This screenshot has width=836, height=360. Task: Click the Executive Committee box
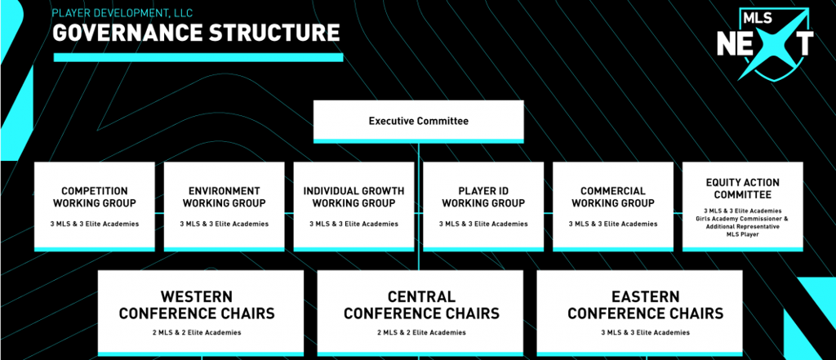tap(419, 122)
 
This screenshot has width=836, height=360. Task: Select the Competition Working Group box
tap(95, 207)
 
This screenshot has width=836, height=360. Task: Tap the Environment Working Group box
tap(224, 207)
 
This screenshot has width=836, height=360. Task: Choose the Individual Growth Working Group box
tap(354, 207)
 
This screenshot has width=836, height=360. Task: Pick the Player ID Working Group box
tap(483, 207)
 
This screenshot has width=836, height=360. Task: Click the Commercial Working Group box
tap(613, 207)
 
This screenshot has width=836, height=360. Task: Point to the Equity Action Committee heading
tap(743, 189)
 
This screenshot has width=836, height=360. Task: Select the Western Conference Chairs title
tap(197, 304)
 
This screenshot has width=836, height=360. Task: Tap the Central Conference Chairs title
tap(421, 304)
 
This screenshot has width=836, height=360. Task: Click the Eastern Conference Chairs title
tap(645, 304)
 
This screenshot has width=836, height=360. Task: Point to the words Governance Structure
tap(196, 33)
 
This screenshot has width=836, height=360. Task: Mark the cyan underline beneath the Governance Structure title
tap(198, 57)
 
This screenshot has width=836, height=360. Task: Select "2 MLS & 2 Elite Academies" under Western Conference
tap(197, 332)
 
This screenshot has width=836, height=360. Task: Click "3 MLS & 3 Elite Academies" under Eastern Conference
tap(645, 332)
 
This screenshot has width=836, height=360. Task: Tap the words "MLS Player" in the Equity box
tap(743, 234)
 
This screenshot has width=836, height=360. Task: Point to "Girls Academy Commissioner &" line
tap(743, 219)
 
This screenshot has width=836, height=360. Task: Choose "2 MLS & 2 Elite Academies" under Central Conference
tap(421, 332)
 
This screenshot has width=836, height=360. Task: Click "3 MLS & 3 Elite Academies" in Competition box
tap(95, 224)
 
